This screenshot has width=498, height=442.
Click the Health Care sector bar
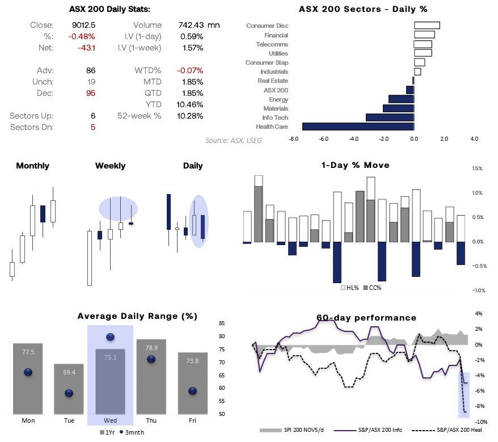(x=358, y=127)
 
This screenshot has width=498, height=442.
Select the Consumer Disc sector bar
(x=427, y=26)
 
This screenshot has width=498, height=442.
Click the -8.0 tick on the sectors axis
(x=293, y=138)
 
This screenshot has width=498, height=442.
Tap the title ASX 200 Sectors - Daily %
(x=363, y=9)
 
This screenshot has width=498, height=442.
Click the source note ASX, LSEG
(x=233, y=140)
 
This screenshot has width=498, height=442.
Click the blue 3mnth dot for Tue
(x=69, y=393)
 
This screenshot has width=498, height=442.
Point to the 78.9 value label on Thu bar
(x=151, y=347)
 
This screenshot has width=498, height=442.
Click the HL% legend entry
(x=350, y=288)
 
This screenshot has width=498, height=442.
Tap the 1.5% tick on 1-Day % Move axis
(x=477, y=169)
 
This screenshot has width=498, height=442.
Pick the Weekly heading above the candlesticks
(x=110, y=166)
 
